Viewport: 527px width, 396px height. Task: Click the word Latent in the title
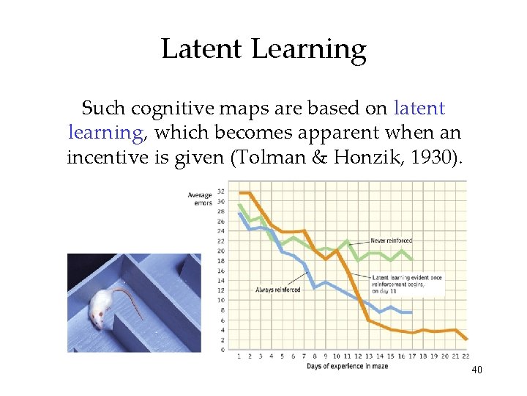(x=201, y=49)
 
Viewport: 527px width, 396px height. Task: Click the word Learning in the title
(x=308, y=50)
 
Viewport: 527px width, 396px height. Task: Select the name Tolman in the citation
(x=272, y=158)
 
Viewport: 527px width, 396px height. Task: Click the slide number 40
(x=476, y=370)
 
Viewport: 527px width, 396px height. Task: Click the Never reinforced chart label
(x=391, y=241)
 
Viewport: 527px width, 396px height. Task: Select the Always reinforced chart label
(x=277, y=290)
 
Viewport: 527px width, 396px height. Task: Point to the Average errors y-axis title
(x=200, y=199)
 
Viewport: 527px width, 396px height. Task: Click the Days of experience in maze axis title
(x=348, y=365)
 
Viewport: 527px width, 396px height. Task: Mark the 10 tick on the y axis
(x=222, y=300)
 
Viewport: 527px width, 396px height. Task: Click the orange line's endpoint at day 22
(x=466, y=338)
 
